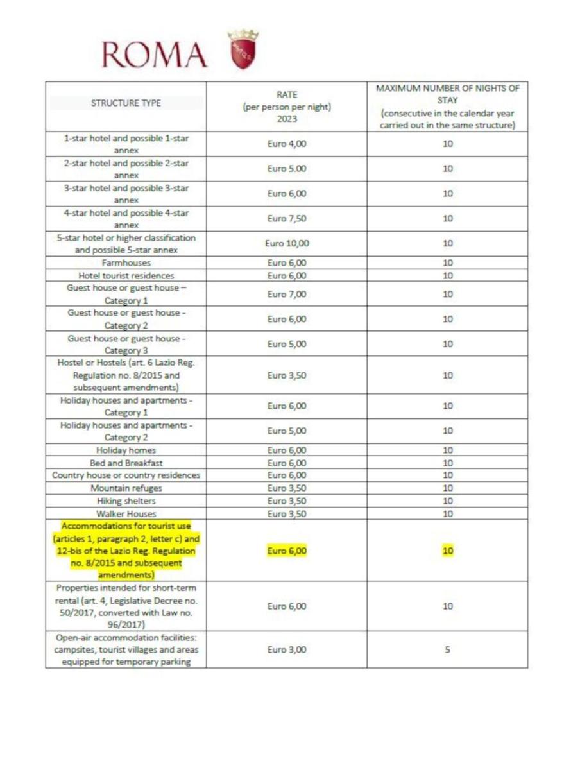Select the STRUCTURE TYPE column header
[x=126, y=103]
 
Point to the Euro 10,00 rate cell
[x=287, y=244]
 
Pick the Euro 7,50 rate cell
[x=287, y=219]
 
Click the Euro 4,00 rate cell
[x=287, y=144]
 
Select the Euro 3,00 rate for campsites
[x=287, y=649]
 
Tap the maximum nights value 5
[x=447, y=649]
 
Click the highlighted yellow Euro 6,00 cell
[x=287, y=551]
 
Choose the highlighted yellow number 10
[x=447, y=551]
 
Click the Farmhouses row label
[x=126, y=263]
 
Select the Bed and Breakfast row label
[x=126, y=463]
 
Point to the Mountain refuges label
[x=126, y=488]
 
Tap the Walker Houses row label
[x=126, y=513]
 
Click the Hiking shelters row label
[x=126, y=501]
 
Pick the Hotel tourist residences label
[x=126, y=276]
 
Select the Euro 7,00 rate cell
[x=287, y=295]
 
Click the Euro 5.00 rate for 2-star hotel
[x=287, y=169]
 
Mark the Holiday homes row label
[x=126, y=450]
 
